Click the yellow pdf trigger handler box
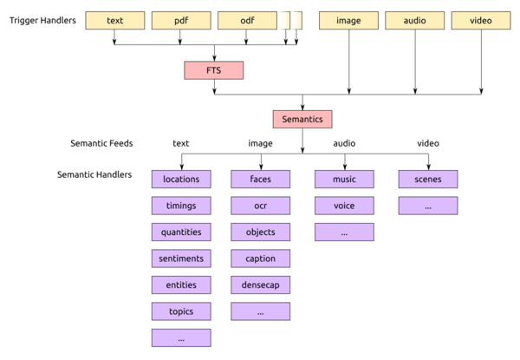coord(181,21)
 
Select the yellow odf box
coord(247,21)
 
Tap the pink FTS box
coord(214,70)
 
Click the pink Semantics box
coord(302,120)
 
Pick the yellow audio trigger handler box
coord(415,21)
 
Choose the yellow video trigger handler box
coord(481,21)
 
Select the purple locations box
coord(181,180)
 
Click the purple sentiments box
coord(181,259)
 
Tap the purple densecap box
coord(261,285)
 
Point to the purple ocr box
coord(261,206)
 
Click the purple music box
coord(344,180)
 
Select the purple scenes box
coord(428,180)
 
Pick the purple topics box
coord(181,311)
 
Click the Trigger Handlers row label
coord(42,21)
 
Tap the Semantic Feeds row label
coord(101,143)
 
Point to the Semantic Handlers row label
coord(94,174)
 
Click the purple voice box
coord(344,206)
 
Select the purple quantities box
coord(181,232)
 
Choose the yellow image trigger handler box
coord(348,21)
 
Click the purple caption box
coord(261,259)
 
